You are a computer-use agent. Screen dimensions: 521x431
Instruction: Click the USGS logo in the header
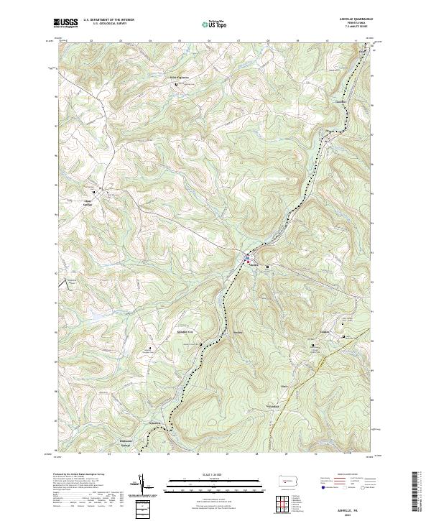[x=67, y=23]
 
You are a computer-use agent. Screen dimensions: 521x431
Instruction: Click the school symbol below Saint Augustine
[x=176, y=86]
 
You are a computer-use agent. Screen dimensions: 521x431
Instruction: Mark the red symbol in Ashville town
[x=249, y=262]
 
